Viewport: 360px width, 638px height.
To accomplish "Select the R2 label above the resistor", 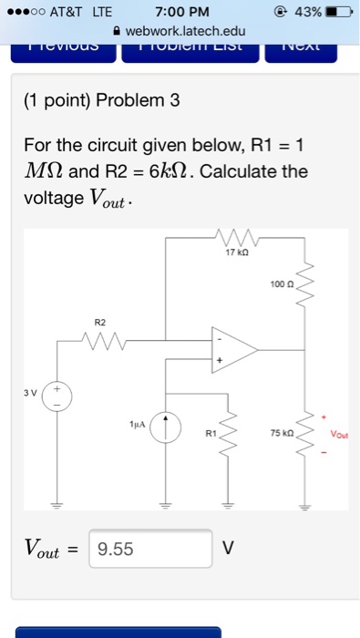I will coord(100,322).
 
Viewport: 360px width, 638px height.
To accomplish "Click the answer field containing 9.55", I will coord(150,549).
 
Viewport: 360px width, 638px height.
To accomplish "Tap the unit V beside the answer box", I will coord(229,549).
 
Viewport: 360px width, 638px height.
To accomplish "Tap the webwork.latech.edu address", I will coord(186,31).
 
